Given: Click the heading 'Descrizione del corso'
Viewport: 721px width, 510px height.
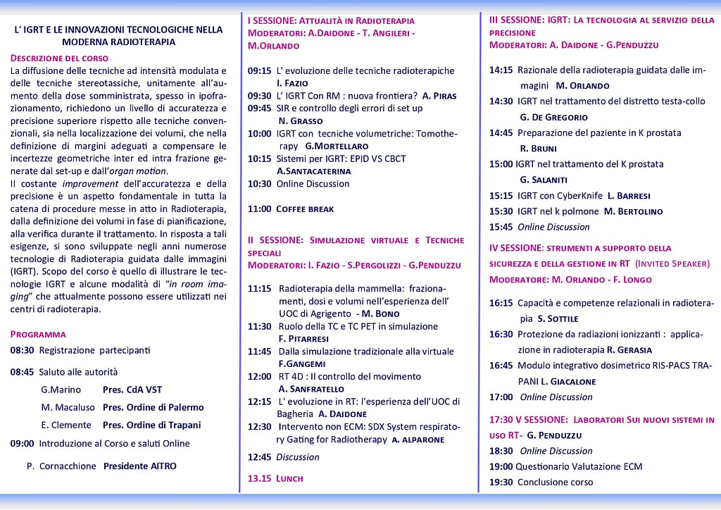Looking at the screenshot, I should pyautogui.click(x=59, y=58).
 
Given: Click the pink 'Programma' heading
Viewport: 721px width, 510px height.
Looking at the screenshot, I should pyautogui.click(x=38, y=334).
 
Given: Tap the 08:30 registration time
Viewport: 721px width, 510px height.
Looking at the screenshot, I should pyautogui.click(x=22, y=349).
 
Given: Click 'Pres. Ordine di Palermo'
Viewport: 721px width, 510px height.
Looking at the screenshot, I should pyautogui.click(x=153, y=407).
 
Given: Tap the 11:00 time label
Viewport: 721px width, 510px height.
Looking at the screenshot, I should pyautogui.click(x=259, y=209).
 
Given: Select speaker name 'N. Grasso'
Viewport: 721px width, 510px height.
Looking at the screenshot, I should pyautogui.click(x=300, y=120).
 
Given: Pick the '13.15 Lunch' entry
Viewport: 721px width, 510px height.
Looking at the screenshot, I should pyautogui.click(x=275, y=478).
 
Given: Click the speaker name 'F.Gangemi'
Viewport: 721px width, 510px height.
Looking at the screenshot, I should pyautogui.click(x=301, y=363).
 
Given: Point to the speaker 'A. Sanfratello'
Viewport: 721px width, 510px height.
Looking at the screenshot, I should pyautogui.click(x=311, y=389).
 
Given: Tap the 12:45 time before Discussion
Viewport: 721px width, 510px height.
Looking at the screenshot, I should pyautogui.click(x=259, y=456).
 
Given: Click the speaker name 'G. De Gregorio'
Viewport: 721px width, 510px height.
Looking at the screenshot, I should pyautogui.click(x=553, y=117).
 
